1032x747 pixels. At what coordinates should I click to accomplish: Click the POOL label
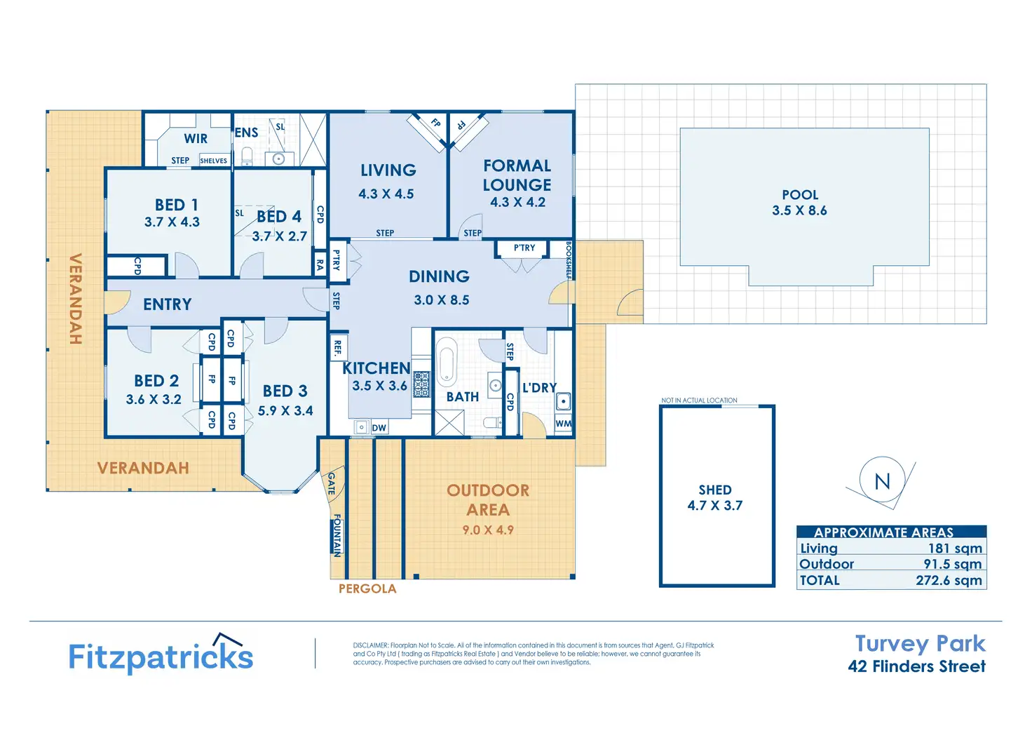[x=800, y=195]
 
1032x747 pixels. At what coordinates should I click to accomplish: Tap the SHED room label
[x=714, y=490]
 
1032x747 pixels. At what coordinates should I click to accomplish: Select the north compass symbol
[x=882, y=481]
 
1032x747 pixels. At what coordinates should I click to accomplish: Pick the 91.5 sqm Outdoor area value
[x=952, y=564]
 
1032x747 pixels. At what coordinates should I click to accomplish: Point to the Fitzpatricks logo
[x=161, y=655]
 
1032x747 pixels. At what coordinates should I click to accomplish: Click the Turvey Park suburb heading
[x=920, y=643]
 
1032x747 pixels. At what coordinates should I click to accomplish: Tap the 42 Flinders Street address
[x=916, y=666]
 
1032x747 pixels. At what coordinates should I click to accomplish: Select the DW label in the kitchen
[x=379, y=428]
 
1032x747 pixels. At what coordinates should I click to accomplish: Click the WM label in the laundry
[x=563, y=424]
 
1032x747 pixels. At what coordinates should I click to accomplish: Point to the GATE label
[x=332, y=483]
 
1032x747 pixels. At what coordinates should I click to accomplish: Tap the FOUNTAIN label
[x=337, y=535]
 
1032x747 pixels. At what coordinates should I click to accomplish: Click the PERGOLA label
[x=367, y=589]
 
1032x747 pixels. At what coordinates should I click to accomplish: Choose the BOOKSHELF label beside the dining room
[x=569, y=260]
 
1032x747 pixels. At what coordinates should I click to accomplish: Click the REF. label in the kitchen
[x=337, y=347]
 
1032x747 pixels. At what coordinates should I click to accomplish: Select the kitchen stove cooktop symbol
[x=421, y=384]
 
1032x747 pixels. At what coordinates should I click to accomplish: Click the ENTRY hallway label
[x=167, y=304]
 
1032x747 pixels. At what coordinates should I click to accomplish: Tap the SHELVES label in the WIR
[x=213, y=161]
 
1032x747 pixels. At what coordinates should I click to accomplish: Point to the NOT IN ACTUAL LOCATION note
[x=699, y=401]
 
